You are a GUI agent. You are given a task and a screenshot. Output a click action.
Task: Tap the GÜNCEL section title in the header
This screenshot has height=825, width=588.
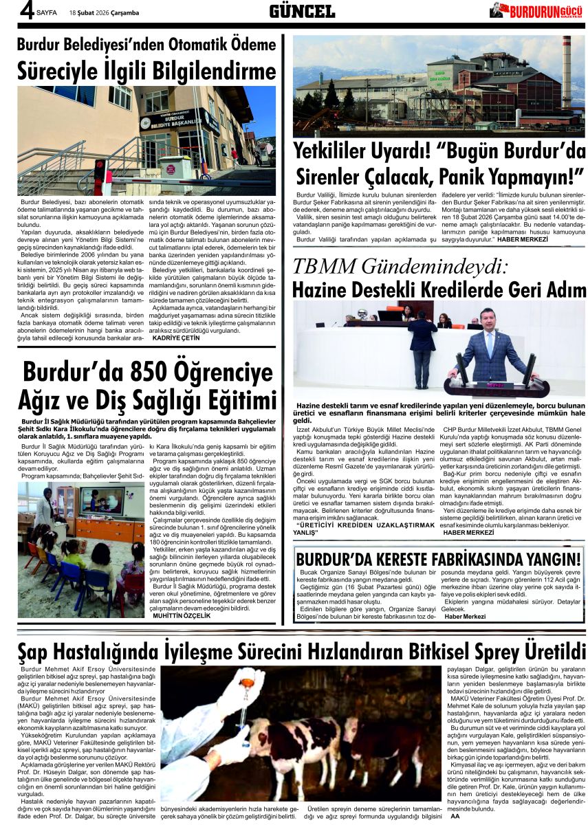pyautogui.click(x=302, y=11)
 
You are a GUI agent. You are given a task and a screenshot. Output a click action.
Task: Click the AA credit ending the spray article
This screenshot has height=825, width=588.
pyautogui.click(x=455, y=816)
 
